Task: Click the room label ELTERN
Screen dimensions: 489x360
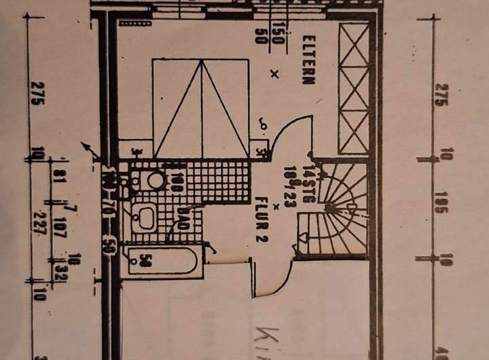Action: pos(308,60)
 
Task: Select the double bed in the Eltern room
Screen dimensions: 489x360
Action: pos(202,107)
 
